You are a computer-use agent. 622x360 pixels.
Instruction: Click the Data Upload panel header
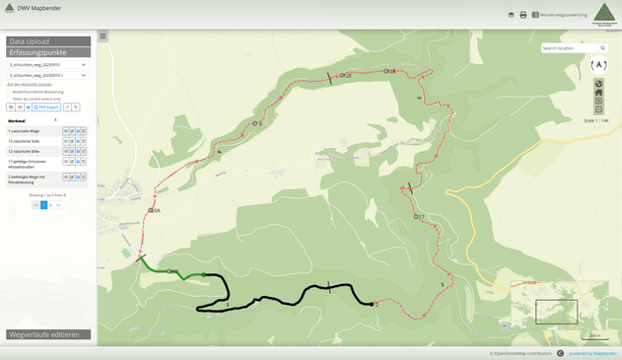[48, 41]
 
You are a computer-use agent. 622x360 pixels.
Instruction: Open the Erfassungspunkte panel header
[48, 52]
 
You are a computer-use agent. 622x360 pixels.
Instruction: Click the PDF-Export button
[47, 107]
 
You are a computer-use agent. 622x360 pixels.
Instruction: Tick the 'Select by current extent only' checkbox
[10, 99]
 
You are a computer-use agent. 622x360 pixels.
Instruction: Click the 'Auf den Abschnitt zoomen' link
[30, 85]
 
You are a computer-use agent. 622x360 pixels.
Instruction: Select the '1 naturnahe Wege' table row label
[25, 130]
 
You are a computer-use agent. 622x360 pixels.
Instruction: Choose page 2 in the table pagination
[51, 205]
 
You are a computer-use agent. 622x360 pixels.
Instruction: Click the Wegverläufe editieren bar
[48, 334]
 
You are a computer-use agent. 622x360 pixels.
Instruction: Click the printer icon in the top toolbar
[523, 15]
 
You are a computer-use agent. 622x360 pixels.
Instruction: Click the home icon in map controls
[598, 93]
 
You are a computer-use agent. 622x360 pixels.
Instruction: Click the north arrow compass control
[598, 66]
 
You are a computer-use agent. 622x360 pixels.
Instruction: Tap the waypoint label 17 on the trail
[420, 217]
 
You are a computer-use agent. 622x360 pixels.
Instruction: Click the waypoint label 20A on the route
[155, 211]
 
